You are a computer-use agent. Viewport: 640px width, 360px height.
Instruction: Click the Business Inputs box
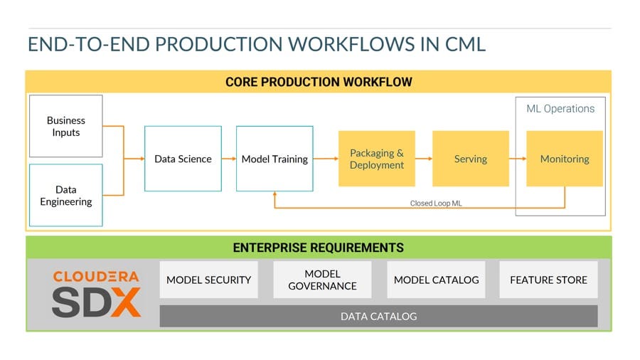tap(66, 127)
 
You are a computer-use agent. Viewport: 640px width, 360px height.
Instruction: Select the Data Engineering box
tap(66, 196)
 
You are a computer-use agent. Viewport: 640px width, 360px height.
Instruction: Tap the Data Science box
tap(183, 159)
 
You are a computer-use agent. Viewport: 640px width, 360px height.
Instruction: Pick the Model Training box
tap(274, 159)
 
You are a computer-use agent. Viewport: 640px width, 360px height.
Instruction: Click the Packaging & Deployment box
tap(376, 159)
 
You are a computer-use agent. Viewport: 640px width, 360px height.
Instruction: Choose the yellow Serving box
tap(470, 159)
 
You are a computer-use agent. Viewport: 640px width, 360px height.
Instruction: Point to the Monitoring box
tap(565, 159)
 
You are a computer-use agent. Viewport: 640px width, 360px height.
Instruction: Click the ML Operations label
tap(560, 109)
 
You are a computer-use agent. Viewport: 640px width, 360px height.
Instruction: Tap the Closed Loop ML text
tap(435, 203)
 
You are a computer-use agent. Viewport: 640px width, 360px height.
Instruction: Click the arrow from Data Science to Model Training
tap(228, 159)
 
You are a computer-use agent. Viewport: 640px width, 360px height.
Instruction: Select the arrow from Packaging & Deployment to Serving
tap(424, 159)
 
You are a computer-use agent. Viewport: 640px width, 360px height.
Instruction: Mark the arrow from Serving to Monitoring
tap(518, 159)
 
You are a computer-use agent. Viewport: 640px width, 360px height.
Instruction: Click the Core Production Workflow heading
tap(319, 82)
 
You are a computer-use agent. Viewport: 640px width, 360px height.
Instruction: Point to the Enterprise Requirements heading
tap(319, 248)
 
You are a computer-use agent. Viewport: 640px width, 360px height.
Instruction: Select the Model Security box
tap(208, 280)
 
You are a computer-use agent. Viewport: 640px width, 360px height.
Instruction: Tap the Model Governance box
tap(322, 280)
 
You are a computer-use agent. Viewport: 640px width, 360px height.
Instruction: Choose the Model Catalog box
tap(436, 280)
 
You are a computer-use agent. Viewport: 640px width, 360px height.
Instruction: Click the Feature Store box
tap(548, 280)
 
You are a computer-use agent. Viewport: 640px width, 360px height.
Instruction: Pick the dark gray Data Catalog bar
tap(378, 316)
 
